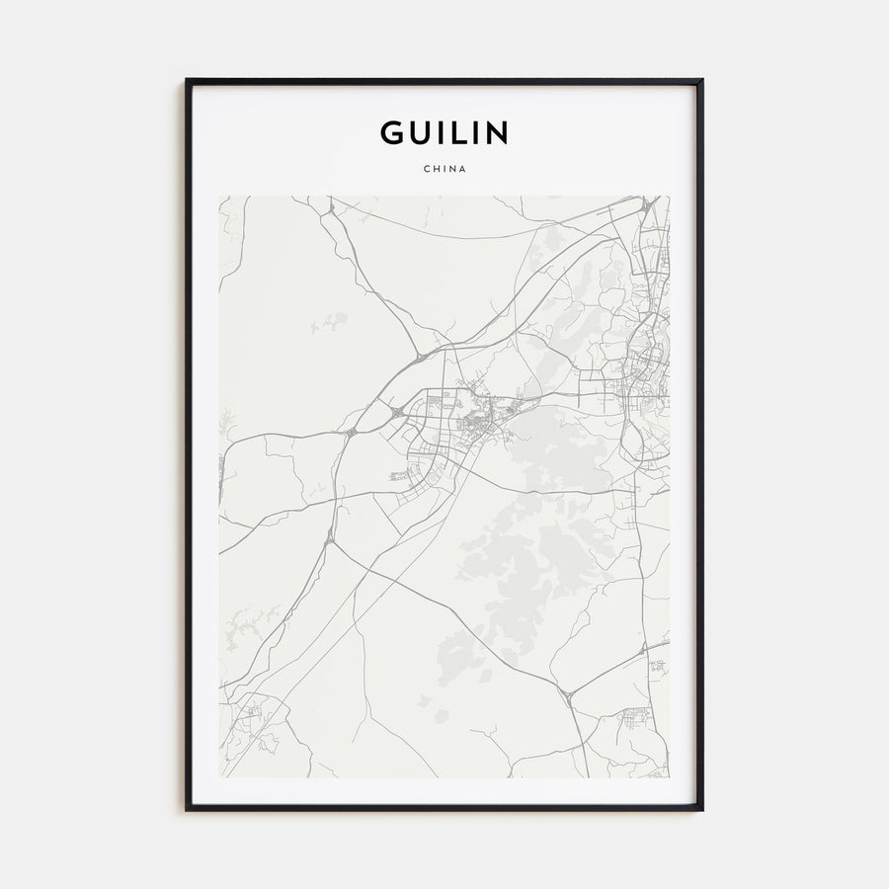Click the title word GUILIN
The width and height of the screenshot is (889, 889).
click(444, 132)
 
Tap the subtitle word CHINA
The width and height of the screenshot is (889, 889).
click(444, 169)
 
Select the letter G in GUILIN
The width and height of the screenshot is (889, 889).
click(392, 132)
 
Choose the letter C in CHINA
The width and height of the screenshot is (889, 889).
click(426, 169)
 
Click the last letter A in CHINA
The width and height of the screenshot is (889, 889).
click(462, 169)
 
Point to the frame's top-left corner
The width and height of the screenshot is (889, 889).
click(187, 80)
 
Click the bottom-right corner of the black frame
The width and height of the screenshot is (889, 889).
click(702, 809)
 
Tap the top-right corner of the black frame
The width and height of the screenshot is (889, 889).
click(702, 80)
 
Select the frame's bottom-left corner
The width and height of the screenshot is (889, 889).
click(187, 809)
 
